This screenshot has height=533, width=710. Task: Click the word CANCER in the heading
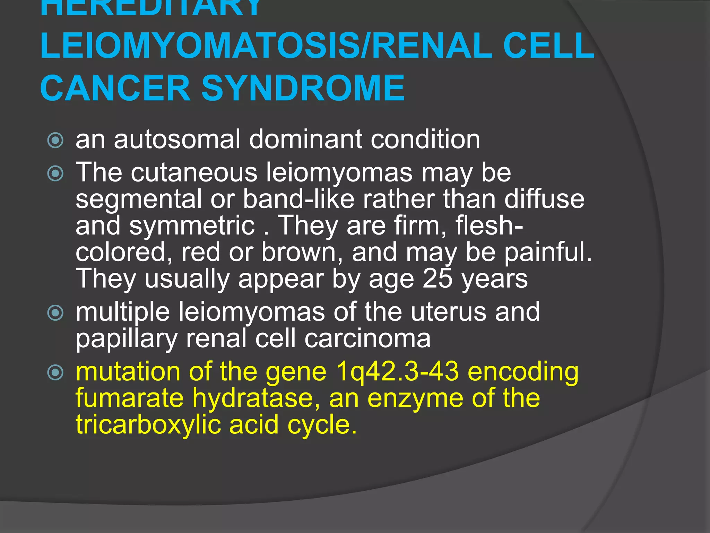[115, 88]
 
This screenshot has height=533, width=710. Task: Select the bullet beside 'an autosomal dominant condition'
[55, 141]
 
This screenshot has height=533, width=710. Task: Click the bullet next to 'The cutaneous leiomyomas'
[55, 173]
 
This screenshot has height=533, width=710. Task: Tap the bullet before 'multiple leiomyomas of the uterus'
[55, 313]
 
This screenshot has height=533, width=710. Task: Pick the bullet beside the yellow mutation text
[55, 373]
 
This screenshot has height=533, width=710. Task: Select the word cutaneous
[194, 172]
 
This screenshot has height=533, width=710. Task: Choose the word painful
[548, 252]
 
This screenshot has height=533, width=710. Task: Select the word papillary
[127, 339]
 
